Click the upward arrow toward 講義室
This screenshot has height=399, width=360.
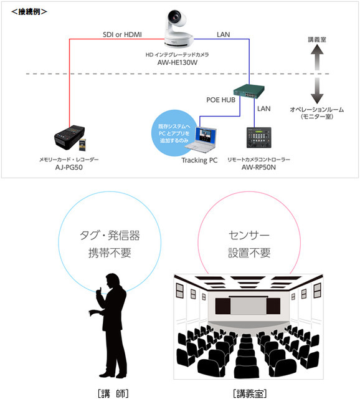point(318,60)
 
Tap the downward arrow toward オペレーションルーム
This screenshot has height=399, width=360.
point(318,90)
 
